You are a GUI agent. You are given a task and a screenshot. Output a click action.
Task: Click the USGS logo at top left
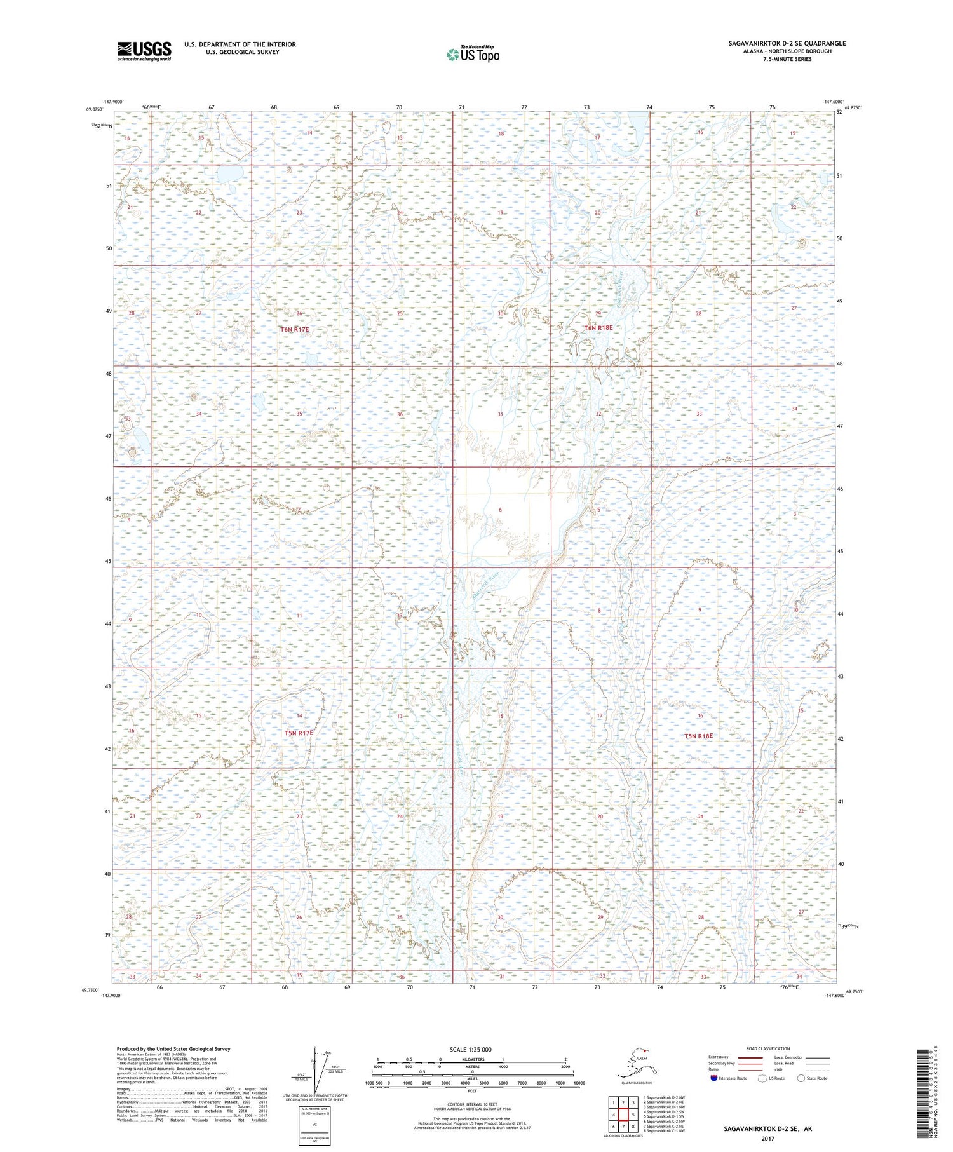(144, 51)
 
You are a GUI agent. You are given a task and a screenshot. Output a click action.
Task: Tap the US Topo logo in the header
(473, 54)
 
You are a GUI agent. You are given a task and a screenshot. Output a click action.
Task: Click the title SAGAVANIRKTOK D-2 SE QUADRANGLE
(787, 43)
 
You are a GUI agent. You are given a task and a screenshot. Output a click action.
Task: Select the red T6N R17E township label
(294, 329)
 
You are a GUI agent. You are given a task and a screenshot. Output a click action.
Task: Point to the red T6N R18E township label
(598, 327)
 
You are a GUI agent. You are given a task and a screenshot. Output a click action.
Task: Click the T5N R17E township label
(299, 733)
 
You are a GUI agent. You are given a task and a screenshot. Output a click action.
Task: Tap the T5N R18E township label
(698, 736)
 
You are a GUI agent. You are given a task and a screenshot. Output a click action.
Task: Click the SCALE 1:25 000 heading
(470, 1050)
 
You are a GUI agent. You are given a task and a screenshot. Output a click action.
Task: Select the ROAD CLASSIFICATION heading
(768, 1048)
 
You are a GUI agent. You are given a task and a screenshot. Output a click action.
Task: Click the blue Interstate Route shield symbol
(713, 1078)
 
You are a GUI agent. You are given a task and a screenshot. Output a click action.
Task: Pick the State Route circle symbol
(801, 1078)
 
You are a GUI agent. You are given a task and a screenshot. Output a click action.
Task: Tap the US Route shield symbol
(762, 1078)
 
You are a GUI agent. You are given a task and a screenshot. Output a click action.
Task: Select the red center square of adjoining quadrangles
(623, 1115)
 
